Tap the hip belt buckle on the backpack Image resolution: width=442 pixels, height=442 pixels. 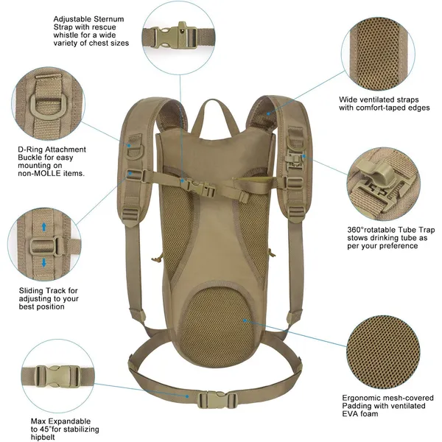click(x=211, y=399)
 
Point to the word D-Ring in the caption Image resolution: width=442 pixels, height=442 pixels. click(x=31, y=150)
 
